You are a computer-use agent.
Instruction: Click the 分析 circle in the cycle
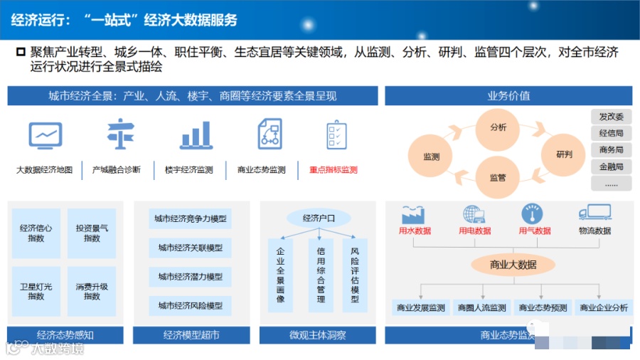click(x=498, y=127)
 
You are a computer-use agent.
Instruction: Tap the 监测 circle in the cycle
click(x=432, y=157)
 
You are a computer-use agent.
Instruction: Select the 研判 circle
click(x=564, y=154)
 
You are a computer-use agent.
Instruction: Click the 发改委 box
click(x=611, y=117)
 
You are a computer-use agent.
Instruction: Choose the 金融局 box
click(x=611, y=166)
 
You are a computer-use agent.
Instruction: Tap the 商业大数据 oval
click(x=513, y=265)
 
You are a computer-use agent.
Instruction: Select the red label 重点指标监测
click(x=334, y=170)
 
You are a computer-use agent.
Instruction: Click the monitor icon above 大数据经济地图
click(x=46, y=134)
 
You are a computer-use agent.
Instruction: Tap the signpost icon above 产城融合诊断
click(x=117, y=134)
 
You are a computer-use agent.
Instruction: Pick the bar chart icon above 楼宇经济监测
click(x=196, y=134)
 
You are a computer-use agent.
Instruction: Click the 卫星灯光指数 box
click(x=36, y=291)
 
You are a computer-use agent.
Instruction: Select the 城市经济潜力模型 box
click(x=191, y=276)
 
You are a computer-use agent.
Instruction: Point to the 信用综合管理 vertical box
click(x=321, y=275)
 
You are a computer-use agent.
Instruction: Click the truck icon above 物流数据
click(x=594, y=213)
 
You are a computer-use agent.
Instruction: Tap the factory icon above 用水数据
click(x=413, y=213)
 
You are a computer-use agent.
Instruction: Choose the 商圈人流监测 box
click(x=482, y=308)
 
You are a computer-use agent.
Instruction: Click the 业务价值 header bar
click(x=508, y=96)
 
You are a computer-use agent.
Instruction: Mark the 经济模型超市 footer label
click(x=191, y=334)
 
